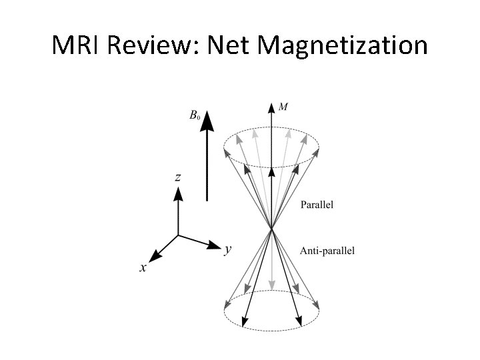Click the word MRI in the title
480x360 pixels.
[x=77, y=45]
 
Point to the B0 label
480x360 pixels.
[x=194, y=116]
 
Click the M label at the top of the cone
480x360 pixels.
[x=283, y=107]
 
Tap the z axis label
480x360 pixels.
[x=178, y=177]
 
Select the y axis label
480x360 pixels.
[x=228, y=249]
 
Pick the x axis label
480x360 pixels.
[x=143, y=267]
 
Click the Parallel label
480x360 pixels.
[x=317, y=204]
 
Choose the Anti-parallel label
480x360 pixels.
[x=327, y=251]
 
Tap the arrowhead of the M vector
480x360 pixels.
[x=272, y=107]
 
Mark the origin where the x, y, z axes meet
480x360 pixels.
[x=178, y=235]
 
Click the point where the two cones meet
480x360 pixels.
[x=272, y=230]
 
